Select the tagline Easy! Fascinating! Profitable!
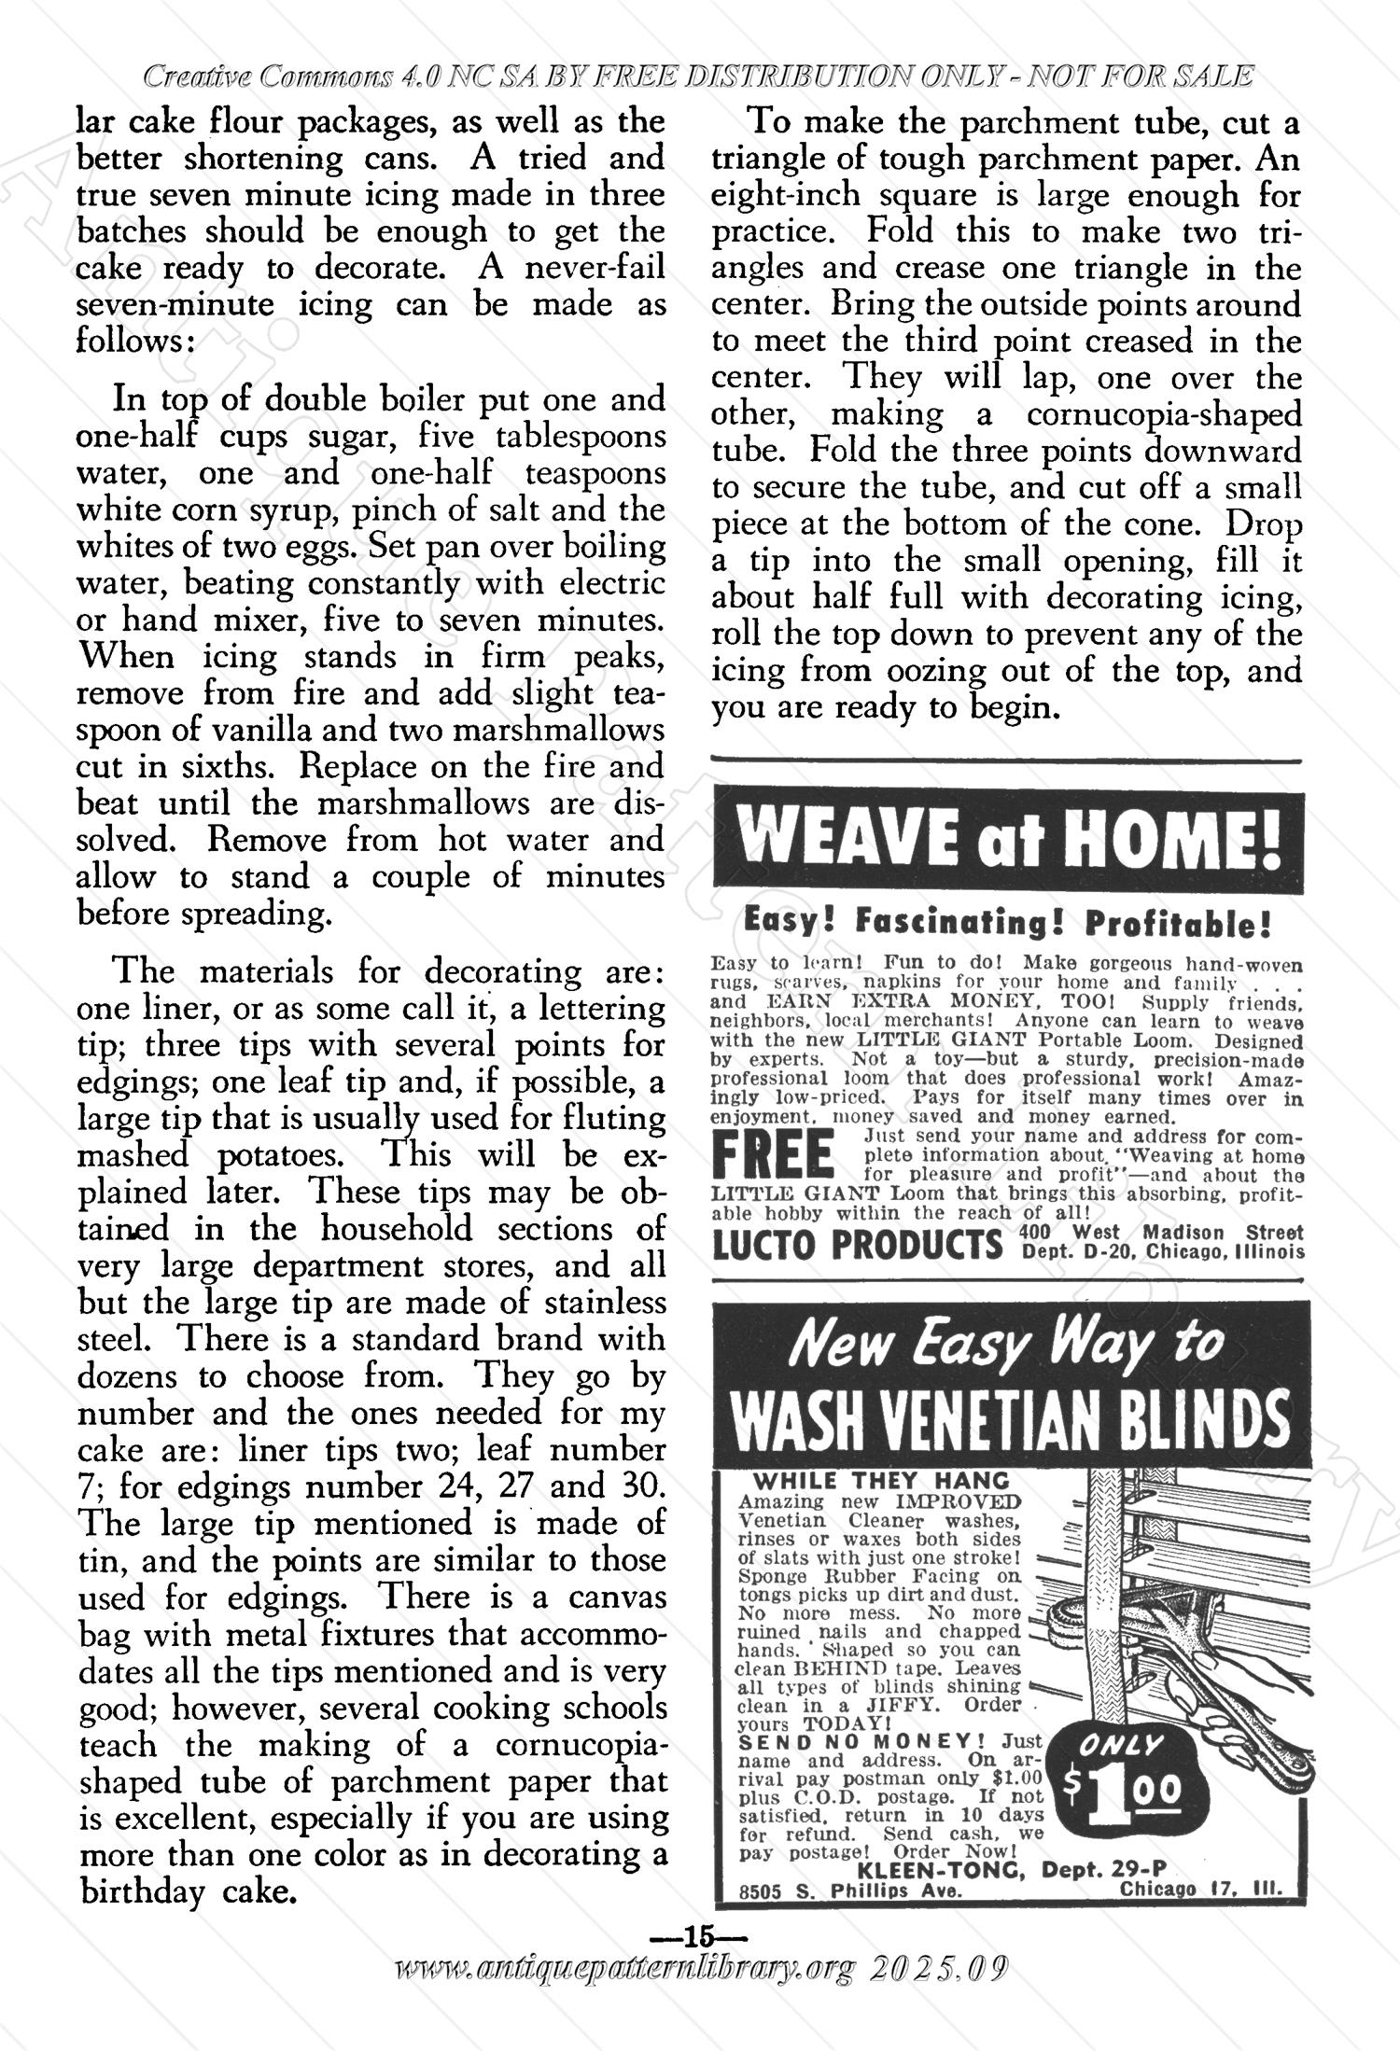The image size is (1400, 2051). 1007,925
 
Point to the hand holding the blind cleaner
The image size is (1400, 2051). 1185,1666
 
